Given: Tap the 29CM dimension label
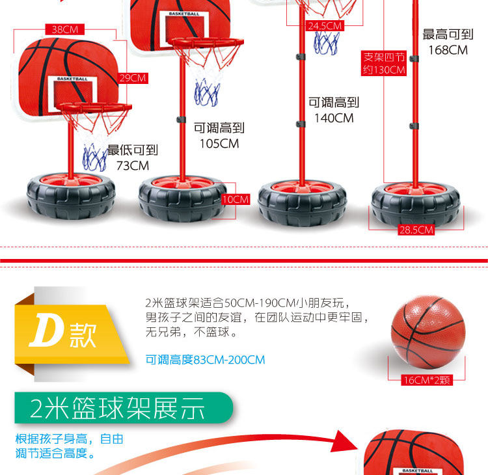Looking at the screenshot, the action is click(133, 78).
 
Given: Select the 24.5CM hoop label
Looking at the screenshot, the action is click(324, 26).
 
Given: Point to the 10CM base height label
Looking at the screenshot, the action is click(235, 199).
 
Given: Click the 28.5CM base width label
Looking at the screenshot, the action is click(416, 230).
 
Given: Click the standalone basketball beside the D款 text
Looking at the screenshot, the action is click(428, 334).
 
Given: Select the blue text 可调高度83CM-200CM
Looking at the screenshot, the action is click(205, 360).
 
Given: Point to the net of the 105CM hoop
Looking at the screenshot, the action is click(208, 90).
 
